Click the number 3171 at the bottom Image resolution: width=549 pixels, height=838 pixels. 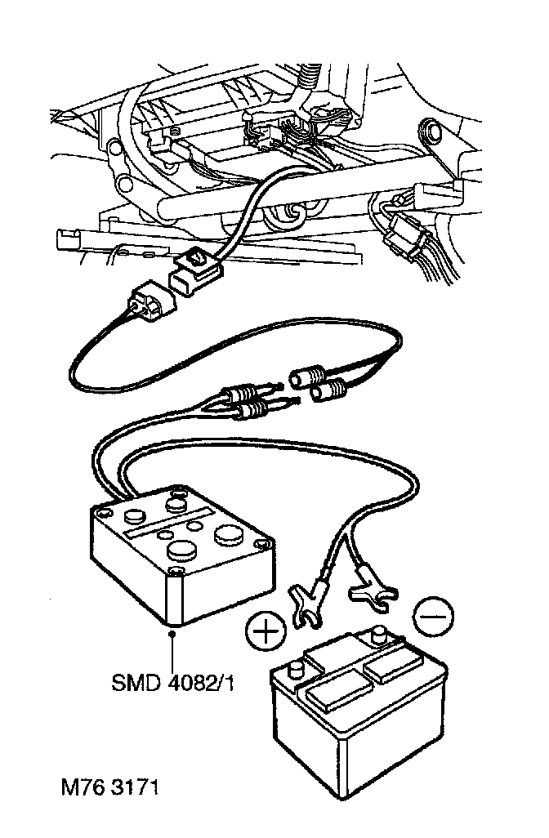point(133,790)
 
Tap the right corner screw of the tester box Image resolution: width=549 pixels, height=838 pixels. point(261,543)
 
